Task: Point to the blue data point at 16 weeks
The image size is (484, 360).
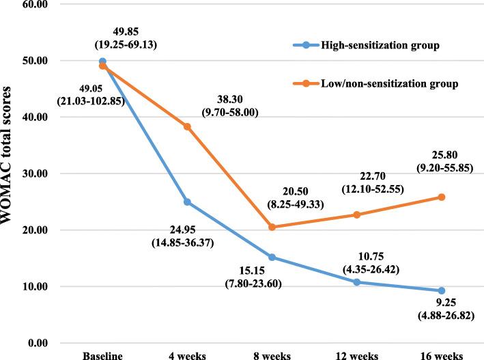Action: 441,290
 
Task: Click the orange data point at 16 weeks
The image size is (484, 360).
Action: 441,197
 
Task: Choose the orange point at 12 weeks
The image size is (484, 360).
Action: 356,214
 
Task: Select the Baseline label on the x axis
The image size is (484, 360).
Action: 102,355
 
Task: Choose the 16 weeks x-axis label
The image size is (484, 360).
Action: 441,355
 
